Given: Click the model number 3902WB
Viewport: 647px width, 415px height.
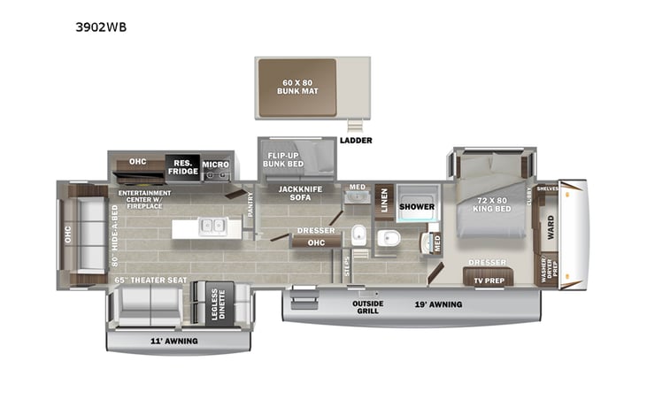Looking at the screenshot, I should click(x=102, y=27).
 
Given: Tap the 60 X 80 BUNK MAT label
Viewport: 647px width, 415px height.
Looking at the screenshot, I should click(x=296, y=88).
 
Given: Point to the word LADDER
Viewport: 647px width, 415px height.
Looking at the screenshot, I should click(x=356, y=140).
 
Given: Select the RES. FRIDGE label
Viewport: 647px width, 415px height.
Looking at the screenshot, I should click(x=182, y=166).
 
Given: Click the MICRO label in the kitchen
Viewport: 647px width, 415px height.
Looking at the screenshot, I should click(x=215, y=165).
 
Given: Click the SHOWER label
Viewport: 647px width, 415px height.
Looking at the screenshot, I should click(x=415, y=207).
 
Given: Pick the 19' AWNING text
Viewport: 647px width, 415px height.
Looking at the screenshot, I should click(x=439, y=304).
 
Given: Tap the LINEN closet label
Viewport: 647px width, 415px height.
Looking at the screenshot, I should click(x=384, y=201).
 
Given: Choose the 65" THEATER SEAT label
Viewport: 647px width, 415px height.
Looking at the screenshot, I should click(x=150, y=280).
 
